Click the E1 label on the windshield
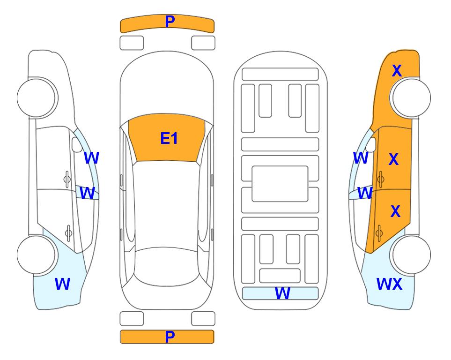tap(169, 138)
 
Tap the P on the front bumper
tap(170, 22)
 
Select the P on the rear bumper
tap(170, 337)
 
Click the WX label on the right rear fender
tap(389, 284)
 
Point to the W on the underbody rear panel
tap(282, 293)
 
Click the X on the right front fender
tap(397, 71)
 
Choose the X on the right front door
tap(393, 159)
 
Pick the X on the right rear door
tap(395, 211)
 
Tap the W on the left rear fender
tap(62, 284)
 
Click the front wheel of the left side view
tap(36, 97)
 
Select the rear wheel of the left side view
tap(36, 255)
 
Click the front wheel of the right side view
tap(411, 97)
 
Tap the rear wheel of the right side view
tap(411, 255)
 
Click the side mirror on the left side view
tap(77, 144)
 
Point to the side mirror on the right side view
tap(371, 144)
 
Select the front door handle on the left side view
tap(67, 179)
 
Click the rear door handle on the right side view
tap(379, 233)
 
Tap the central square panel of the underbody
tap(280, 184)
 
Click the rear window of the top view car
tap(167, 266)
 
